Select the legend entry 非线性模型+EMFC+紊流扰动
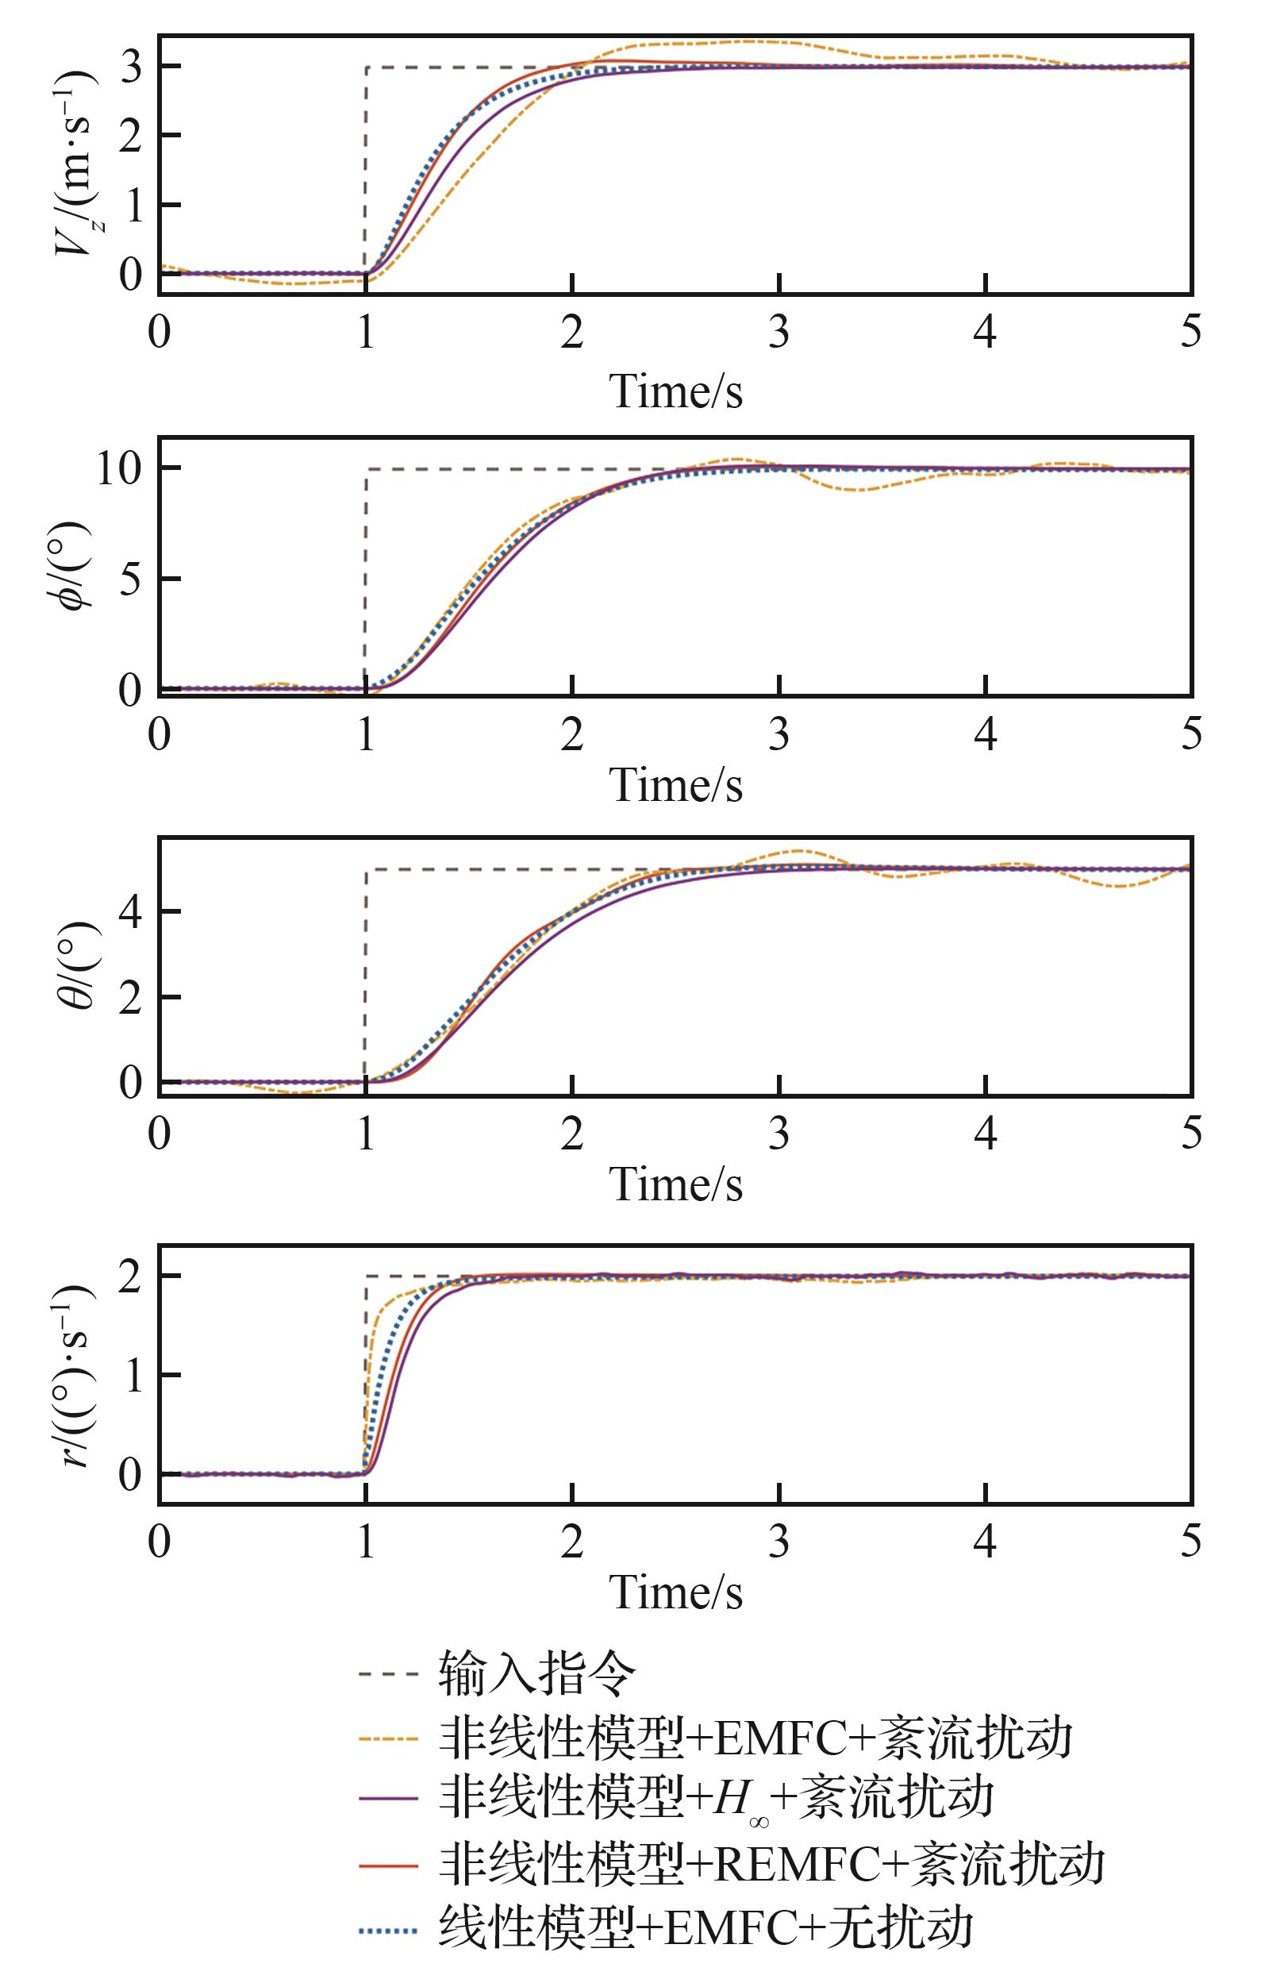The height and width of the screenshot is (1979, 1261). (x=755, y=1738)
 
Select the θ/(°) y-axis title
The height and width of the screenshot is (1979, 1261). (x=75, y=965)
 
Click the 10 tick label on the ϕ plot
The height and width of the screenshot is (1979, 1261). (x=120, y=470)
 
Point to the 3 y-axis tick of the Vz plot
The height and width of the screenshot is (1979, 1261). (x=132, y=67)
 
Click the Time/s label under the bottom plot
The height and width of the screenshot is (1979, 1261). (x=675, y=1592)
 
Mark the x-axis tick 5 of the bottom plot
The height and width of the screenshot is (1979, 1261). (x=1190, y=1540)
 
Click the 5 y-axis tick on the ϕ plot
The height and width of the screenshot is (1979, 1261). (x=132, y=580)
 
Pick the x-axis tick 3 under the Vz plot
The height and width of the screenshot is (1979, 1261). (x=779, y=333)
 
